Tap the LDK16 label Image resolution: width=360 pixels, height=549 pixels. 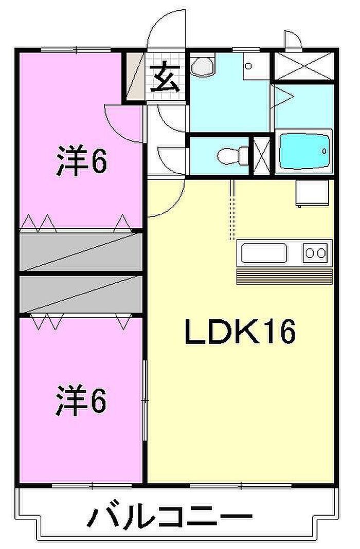(240, 331)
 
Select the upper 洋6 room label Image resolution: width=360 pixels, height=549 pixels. (81, 161)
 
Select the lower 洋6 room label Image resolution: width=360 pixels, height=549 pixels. (81, 400)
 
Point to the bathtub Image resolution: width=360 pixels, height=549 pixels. (304, 152)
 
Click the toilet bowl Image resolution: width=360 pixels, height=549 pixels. (232, 156)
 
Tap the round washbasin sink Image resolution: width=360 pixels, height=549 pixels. (203, 66)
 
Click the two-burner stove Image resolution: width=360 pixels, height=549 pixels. (316, 252)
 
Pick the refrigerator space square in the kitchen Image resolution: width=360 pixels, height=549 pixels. (312, 193)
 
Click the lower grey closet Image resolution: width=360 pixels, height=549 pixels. (81, 294)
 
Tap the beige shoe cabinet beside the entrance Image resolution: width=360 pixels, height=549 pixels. (136, 76)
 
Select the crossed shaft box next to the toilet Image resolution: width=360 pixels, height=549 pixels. (262, 156)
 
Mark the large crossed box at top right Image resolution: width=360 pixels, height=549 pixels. (303, 66)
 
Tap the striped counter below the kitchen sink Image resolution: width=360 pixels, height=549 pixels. (284, 277)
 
